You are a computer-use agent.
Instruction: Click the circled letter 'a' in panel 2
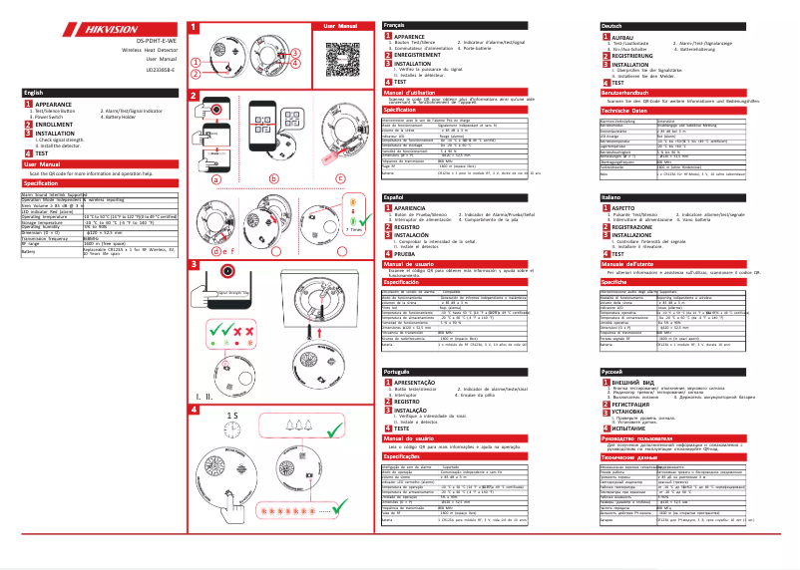[213, 178]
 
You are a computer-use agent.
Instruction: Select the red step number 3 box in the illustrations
[192, 264]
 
